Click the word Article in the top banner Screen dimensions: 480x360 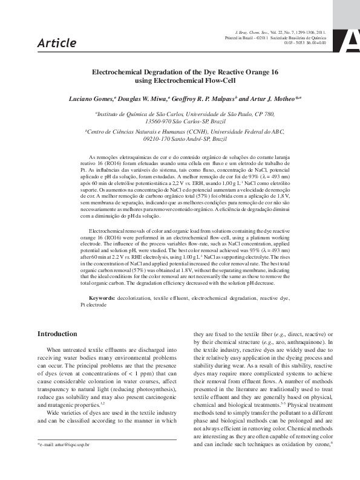[x=57, y=43]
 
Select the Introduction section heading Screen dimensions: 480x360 [x=57, y=334]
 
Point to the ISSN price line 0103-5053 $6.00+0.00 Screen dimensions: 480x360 [x=306, y=43]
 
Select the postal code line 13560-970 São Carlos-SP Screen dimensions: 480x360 [x=180, y=121]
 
